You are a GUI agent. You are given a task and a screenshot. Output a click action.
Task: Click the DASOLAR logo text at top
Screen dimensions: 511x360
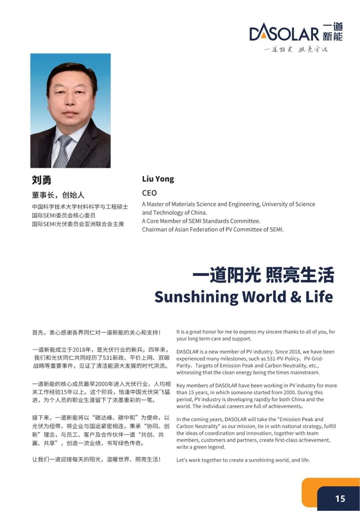point(284,33)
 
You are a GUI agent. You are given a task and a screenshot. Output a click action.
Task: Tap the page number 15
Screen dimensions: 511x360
point(340,498)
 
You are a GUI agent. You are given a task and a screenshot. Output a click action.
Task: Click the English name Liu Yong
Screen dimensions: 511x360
point(158,179)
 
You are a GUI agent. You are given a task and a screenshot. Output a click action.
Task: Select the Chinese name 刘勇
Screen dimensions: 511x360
point(42,180)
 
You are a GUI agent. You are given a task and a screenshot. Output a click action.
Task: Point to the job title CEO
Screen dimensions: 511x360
point(149,193)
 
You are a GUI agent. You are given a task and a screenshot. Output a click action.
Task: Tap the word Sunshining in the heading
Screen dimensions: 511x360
point(196,296)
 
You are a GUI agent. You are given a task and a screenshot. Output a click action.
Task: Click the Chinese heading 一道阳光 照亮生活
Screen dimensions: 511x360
point(263,276)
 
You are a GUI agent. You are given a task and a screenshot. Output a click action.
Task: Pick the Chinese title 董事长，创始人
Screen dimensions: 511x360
point(58,195)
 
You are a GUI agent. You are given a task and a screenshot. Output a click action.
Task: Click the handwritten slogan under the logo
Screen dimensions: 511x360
point(296,49)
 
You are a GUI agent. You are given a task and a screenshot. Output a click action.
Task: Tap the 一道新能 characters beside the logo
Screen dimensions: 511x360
point(333,32)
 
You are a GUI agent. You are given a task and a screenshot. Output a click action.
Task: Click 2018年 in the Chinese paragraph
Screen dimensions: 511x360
point(82,350)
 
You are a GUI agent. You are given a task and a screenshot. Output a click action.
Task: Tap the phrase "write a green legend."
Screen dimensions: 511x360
point(201,447)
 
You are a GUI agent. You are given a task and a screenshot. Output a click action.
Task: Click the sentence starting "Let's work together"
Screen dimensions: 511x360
point(243,460)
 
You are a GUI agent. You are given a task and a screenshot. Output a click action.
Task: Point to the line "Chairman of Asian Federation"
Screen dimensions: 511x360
point(213,229)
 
